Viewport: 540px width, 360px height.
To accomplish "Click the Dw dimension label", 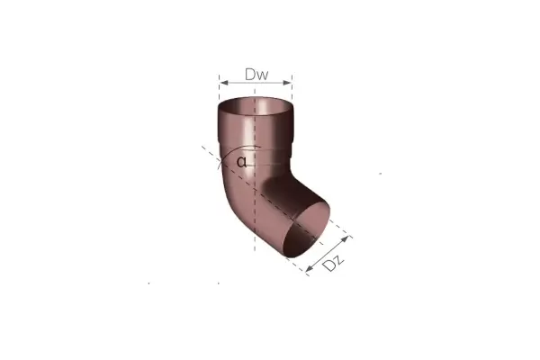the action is tap(256, 75).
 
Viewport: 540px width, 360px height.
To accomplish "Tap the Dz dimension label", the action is tap(333, 263).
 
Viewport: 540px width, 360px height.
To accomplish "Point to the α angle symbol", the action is tap(242, 162).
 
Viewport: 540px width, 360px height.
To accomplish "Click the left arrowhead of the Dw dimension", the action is tap(224, 83).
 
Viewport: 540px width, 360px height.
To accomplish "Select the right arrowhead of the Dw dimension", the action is tap(287, 83).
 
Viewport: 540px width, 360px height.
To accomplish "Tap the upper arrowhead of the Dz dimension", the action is tap(345, 238).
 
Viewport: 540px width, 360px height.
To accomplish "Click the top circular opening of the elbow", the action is tap(256, 103).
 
